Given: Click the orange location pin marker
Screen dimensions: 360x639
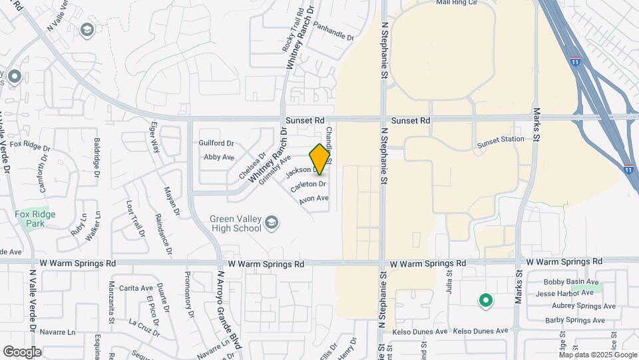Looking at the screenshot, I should (x=320, y=159).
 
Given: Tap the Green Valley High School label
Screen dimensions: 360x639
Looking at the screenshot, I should (x=235, y=223).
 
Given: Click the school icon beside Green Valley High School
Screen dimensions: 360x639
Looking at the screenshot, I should (x=271, y=223).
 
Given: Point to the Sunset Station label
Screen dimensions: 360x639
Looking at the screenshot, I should (x=500, y=139).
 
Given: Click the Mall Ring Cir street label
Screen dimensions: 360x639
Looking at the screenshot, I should (x=457, y=3).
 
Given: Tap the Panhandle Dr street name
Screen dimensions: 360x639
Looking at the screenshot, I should (x=333, y=31).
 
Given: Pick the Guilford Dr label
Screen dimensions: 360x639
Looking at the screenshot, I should (x=216, y=143).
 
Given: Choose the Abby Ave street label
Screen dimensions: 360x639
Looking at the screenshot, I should (x=219, y=157).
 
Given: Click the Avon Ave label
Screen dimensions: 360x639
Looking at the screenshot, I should (x=314, y=198).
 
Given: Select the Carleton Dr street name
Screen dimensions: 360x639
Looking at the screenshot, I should (x=308, y=184).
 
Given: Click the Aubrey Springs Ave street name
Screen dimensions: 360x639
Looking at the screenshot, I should (x=578, y=306).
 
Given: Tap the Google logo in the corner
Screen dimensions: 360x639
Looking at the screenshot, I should (x=22, y=351).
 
